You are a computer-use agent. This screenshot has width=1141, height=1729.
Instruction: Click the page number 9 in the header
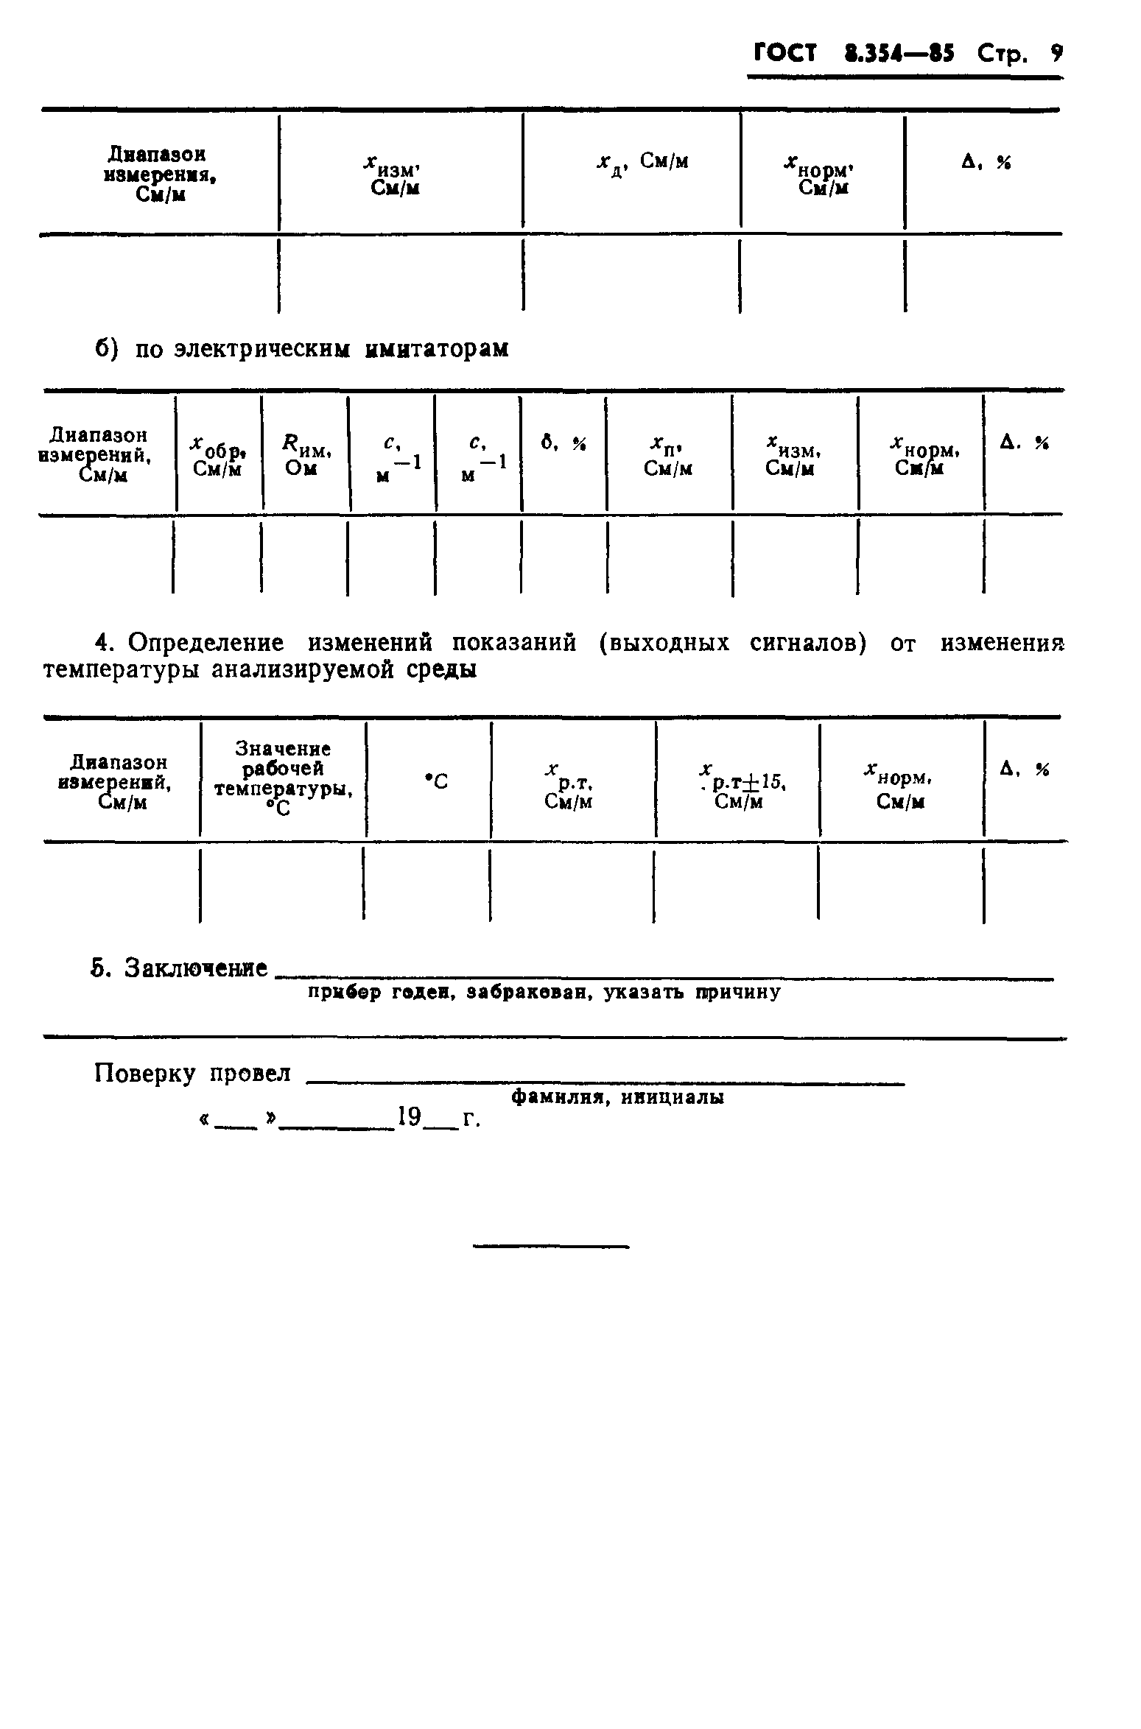coord(1056,53)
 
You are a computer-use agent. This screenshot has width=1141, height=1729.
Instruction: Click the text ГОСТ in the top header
coord(784,53)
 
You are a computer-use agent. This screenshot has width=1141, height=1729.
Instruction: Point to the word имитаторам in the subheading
coord(437,348)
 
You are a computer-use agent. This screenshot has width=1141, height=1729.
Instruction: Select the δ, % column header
coord(564,443)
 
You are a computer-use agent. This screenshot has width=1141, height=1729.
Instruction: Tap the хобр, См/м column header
coord(218,455)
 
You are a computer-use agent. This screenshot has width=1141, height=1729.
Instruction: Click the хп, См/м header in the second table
coord(668,455)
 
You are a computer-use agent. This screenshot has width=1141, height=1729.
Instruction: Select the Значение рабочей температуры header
coord(283,779)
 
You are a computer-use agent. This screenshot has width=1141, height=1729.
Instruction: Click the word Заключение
coord(195,968)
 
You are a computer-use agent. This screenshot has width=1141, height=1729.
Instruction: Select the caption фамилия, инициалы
coord(617,1098)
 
